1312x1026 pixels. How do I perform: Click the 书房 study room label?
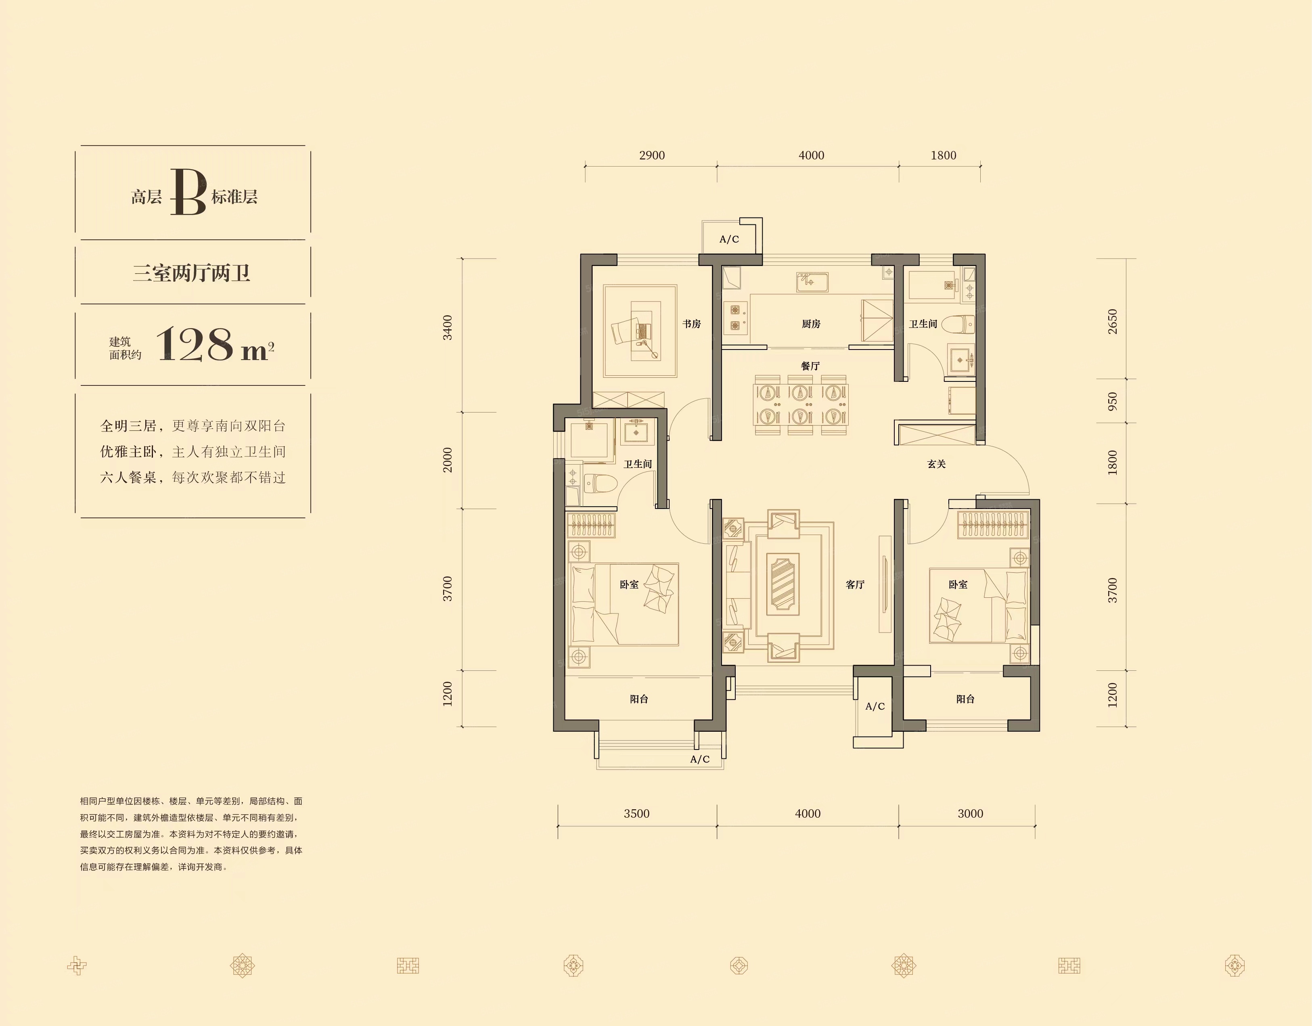691,324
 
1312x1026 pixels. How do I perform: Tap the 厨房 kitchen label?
811,324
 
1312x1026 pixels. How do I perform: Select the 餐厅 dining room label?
810,366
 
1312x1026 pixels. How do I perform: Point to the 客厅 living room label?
855,584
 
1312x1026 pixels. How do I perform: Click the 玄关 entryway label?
937,464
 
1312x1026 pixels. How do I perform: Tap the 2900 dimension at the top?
652,155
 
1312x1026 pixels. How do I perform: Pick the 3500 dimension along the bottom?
637,814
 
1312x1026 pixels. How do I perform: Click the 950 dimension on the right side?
1113,401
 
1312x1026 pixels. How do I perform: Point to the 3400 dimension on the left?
448,327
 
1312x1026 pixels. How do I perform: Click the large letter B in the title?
188,192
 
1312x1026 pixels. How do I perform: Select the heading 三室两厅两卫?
192,273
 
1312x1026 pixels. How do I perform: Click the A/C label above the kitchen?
729,239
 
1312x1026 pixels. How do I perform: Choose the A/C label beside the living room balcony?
875,706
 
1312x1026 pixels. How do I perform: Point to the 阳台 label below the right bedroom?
965,699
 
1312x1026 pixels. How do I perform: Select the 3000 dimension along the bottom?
970,814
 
